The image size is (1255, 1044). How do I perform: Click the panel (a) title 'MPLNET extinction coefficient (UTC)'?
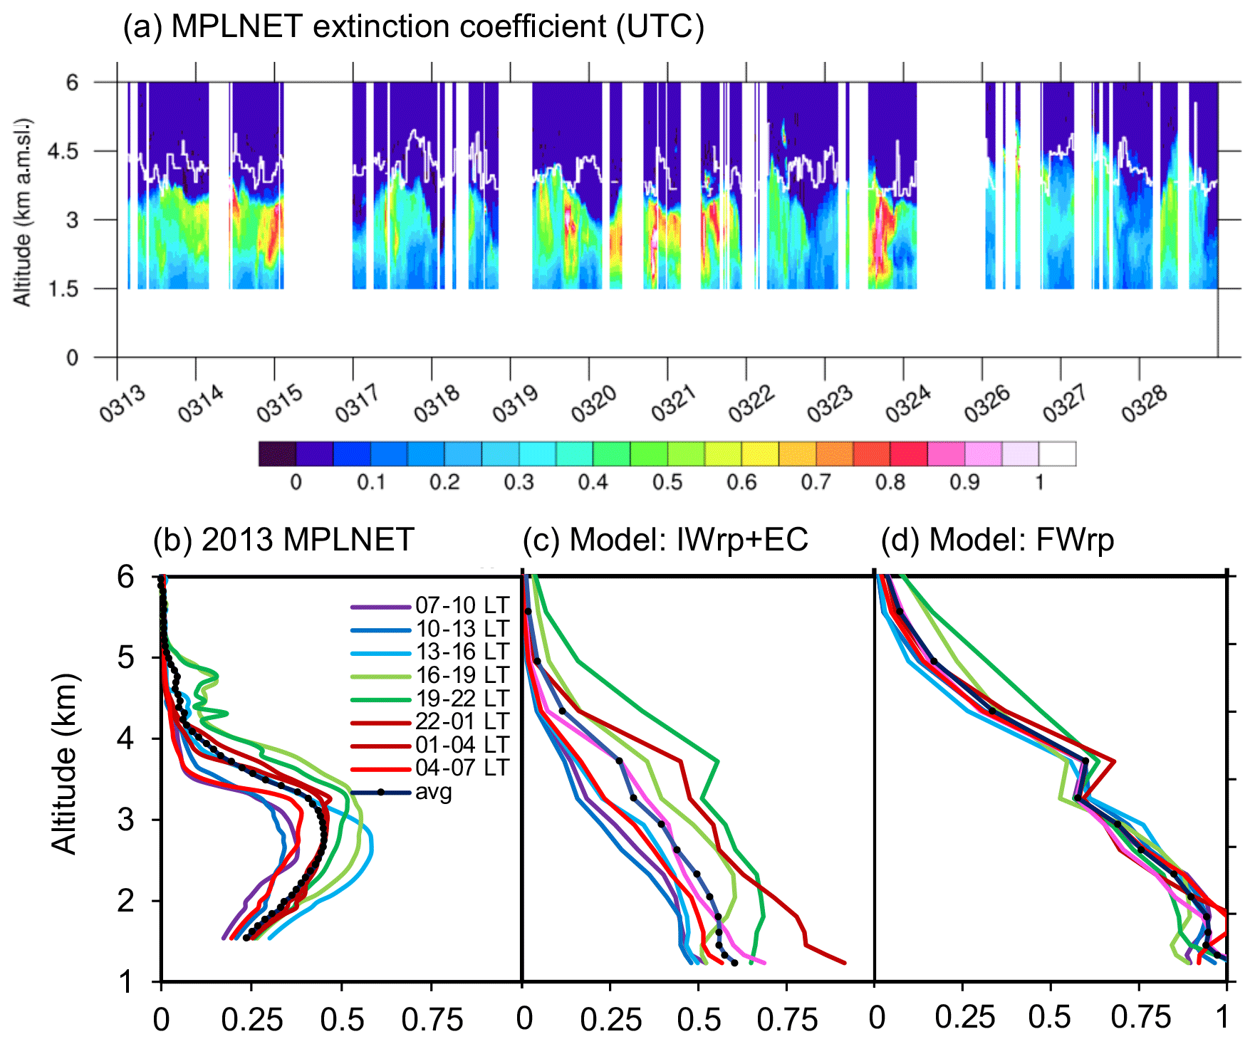pyautogui.click(x=413, y=27)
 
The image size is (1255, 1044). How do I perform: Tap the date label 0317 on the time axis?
pyautogui.click(x=358, y=404)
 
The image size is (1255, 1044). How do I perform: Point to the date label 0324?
pyautogui.click(x=907, y=404)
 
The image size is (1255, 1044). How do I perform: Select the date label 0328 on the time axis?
pyautogui.click(x=1144, y=404)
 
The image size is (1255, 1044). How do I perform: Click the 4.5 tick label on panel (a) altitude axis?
pyautogui.click(x=63, y=152)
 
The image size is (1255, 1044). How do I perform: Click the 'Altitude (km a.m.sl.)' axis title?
pyautogui.click(x=23, y=212)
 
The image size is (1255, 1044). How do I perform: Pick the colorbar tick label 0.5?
pyautogui.click(x=667, y=483)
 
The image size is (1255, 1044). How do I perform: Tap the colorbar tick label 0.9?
pyautogui.click(x=964, y=483)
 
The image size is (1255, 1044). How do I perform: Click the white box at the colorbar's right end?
pyautogui.click(x=1057, y=454)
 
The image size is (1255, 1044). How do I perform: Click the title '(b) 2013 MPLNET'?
pyautogui.click(x=283, y=540)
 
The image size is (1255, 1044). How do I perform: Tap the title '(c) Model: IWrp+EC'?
pyautogui.click(x=665, y=540)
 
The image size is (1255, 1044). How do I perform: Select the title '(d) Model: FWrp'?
pyautogui.click(x=997, y=540)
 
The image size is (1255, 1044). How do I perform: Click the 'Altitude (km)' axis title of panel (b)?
pyautogui.click(x=65, y=763)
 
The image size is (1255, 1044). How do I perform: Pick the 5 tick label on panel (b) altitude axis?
pyautogui.click(x=126, y=657)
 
